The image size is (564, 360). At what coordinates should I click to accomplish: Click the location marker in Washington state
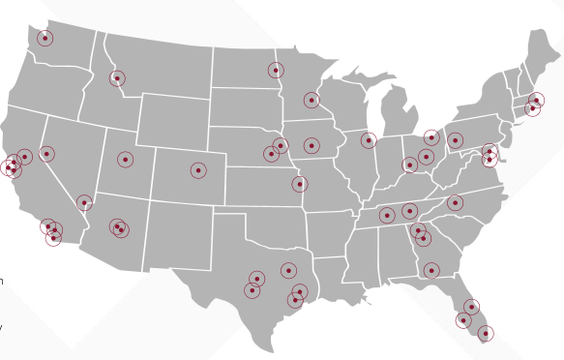pos(45,38)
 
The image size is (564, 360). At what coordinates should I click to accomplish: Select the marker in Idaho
pos(117,78)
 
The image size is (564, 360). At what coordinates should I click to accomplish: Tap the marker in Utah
pos(125,159)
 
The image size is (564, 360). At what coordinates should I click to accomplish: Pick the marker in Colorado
pos(198,170)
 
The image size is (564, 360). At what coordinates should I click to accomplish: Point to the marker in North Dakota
pos(276,70)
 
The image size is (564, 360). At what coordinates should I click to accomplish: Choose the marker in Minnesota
pos(312,100)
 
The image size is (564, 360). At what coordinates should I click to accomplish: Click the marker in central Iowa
pos(311,145)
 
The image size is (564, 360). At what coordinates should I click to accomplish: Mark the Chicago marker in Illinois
pos(369,140)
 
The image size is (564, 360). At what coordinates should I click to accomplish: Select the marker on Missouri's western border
pos(300,184)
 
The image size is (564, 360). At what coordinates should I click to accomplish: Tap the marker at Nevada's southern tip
pos(84,203)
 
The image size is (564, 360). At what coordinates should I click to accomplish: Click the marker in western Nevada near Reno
pos(45,154)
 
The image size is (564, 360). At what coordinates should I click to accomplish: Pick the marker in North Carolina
pos(455,203)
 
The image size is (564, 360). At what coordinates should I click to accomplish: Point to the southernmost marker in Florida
pos(486,333)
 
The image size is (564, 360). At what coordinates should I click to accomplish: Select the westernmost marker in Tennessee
pos(387,215)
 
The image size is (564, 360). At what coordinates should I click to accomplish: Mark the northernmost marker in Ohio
pos(431,137)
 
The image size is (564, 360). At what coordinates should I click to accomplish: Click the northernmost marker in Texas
pos(288,270)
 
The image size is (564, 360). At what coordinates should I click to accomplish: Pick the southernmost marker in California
pos(53,237)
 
